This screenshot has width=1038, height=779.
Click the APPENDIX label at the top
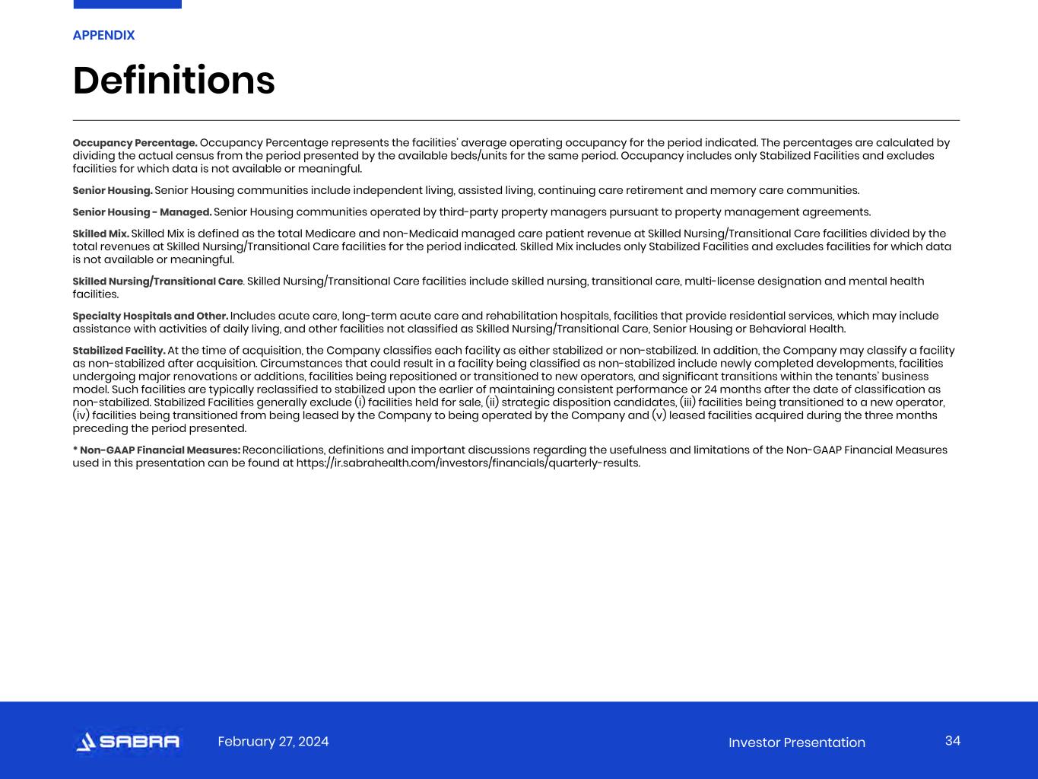(103, 35)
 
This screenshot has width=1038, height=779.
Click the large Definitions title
(173, 81)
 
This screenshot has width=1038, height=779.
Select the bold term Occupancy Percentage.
(135, 143)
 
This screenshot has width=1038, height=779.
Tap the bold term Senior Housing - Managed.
(141, 212)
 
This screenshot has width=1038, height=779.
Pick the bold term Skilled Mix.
(100, 234)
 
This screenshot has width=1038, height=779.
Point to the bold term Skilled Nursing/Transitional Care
(157, 281)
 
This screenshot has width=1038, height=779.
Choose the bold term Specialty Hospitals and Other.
(150, 316)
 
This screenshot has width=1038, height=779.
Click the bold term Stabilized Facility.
(119, 351)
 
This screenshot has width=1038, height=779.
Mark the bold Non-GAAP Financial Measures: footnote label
(157, 450)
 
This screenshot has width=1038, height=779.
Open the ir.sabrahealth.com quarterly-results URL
(468, 463)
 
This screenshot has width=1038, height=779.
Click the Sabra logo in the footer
(128, 742)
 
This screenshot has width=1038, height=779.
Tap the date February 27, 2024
(273, 742)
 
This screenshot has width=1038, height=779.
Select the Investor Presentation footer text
(796, 742)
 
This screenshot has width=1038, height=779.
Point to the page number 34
(953, 741)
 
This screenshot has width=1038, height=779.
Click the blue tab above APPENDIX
(127, 4)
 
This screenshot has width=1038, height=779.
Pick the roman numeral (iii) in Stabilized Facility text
(687, 402)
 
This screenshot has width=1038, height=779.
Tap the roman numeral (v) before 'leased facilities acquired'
(659, 415)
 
